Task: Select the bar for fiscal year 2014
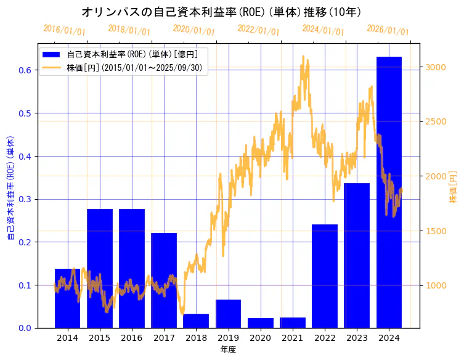pos(67,298)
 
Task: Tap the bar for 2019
pos(228,314)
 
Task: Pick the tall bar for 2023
pos(357,255)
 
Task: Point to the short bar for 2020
pos(261,323)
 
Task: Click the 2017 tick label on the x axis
pos(164,338)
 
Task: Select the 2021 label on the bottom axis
pos(293,338)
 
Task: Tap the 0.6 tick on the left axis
pos(25,70)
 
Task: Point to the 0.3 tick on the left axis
pos(25,199)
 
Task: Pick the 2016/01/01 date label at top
pos(65,30)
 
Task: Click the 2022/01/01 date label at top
pos(258,30)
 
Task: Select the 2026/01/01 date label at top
pos(388,30)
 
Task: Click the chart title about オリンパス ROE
pos(221,12)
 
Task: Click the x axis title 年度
pos(228,350)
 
